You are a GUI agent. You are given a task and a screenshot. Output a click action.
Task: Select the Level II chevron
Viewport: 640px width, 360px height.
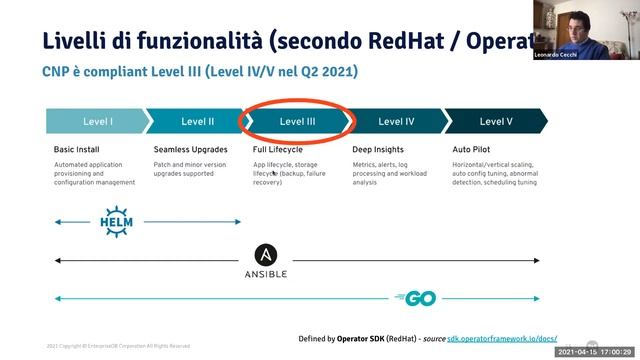tap(197, 121)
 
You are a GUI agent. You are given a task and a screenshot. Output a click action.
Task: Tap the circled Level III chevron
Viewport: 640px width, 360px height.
tap(297, 121)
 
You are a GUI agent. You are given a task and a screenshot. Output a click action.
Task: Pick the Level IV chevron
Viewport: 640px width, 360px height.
tap(396, 121)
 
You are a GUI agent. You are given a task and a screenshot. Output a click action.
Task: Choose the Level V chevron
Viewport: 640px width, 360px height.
tap(496, 121)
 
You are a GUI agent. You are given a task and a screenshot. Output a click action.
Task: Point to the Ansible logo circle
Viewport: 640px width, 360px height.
tap(267, 255)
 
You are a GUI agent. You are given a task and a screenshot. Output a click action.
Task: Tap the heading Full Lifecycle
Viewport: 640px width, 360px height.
tap(278, 149)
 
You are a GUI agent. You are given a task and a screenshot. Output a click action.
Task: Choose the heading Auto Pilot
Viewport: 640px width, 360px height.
tap(474, 149)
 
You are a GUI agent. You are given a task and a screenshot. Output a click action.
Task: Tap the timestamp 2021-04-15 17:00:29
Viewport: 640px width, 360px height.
tap(596, 353)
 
